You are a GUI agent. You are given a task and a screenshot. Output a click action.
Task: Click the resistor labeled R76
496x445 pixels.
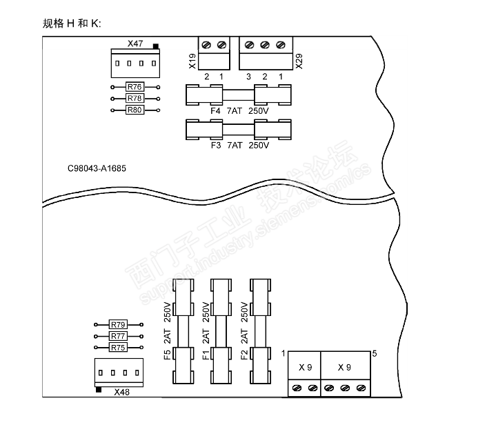click(135, 87)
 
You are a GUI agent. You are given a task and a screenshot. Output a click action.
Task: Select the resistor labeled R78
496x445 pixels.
click(135, 99)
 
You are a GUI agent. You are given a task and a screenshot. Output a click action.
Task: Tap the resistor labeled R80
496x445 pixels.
click(135, 110)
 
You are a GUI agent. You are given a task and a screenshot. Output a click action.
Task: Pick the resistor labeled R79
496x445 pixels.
click(118, 324)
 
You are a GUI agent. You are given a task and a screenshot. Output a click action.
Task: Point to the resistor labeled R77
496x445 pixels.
click(118, 336)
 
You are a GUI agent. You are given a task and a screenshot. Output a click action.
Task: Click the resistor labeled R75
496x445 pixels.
click(118, 347)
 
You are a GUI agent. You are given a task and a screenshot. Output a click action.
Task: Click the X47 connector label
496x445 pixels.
click(135, 43)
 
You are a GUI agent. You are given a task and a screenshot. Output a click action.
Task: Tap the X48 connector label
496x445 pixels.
click(122, 392)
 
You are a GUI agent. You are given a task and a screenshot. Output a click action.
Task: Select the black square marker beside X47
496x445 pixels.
click(156, 46)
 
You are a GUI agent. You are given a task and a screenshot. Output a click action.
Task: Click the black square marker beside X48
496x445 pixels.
click(99, 390)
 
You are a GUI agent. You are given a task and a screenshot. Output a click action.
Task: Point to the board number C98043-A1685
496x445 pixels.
click(97, 168)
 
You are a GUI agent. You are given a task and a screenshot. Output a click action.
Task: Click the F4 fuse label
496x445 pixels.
click(215, 111)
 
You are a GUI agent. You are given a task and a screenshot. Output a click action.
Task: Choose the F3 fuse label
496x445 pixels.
click(216, 146)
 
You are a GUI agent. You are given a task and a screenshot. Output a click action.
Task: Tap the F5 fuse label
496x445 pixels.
click(168, 355)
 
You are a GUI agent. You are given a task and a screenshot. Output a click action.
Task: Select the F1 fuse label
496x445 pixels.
click(206, 355)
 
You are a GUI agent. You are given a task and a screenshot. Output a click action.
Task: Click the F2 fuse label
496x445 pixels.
click(244, 355)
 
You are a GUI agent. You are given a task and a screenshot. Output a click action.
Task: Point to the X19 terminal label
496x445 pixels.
click(192, 61)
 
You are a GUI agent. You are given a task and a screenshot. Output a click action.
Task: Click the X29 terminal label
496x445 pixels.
click(299, 61)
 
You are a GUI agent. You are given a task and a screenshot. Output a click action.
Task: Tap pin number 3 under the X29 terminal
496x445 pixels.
click(248, 77)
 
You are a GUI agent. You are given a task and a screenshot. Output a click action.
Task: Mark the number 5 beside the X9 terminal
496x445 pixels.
click(375, 354)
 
